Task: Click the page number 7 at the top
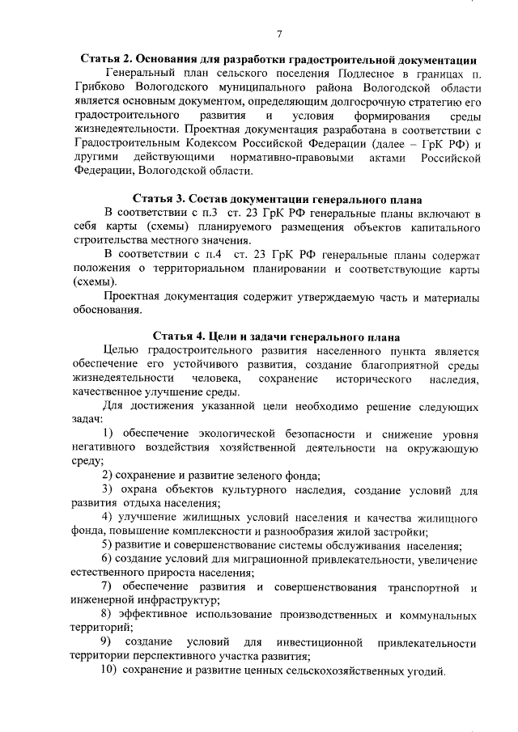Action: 278,34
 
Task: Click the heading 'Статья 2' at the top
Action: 108,60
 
